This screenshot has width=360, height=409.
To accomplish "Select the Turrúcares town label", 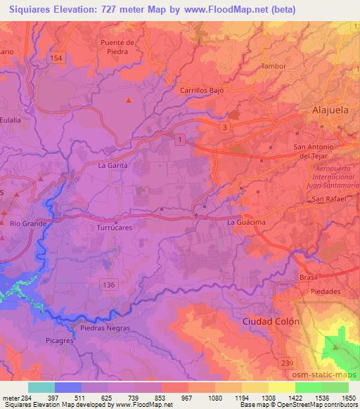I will [x=114, y=228].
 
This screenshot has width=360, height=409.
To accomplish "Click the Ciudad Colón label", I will [x=271, y=321].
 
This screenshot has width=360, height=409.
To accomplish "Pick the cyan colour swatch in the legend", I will [x=41, y=387].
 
